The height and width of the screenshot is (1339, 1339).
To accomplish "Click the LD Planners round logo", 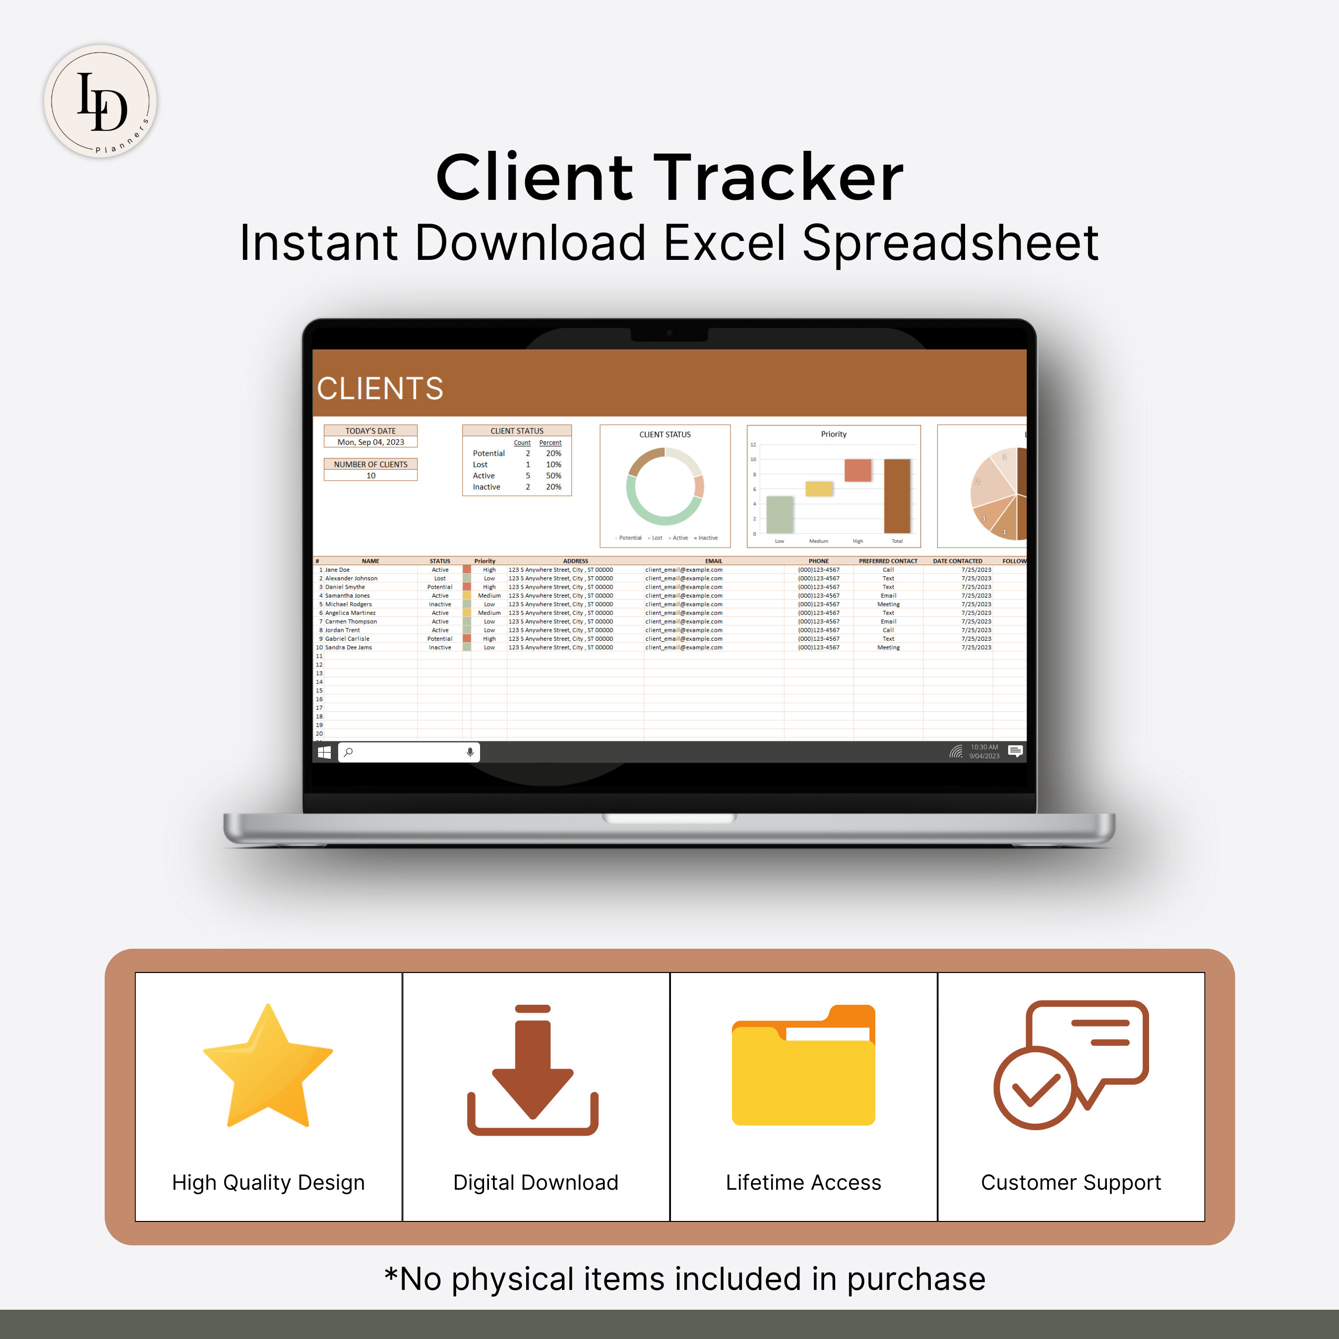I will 101,101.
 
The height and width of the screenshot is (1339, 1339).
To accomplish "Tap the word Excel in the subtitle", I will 724,243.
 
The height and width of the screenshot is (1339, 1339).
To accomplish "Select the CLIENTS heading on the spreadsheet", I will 380,388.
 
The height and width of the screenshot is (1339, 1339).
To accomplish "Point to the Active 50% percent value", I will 553,476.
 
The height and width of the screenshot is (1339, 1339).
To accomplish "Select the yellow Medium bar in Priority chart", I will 818,488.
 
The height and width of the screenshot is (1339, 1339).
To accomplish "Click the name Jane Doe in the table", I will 338,570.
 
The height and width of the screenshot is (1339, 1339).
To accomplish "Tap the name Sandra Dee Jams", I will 349,647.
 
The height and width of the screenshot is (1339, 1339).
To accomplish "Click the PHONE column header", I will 818,561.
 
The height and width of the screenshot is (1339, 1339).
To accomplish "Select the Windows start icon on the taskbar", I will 324,752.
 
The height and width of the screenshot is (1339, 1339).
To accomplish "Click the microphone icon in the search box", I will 470,752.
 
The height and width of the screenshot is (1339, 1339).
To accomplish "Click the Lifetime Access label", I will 803,1182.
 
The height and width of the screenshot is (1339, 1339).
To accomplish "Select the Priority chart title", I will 833,434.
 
